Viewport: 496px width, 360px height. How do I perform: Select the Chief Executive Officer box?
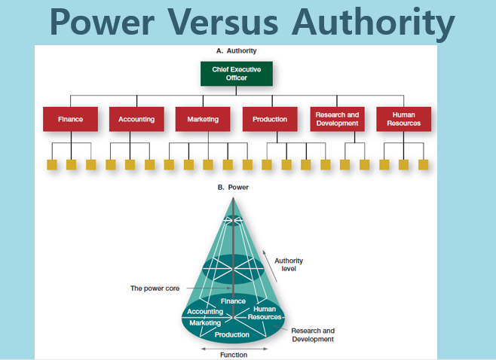(x=236, y=73)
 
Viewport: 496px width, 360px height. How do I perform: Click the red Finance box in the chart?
(x=70, y=119)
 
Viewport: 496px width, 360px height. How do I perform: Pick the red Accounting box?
(x=136, y=119)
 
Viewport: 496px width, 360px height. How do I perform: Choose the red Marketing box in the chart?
(x=203, y=119)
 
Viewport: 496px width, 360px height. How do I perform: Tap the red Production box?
(x=270, y=119)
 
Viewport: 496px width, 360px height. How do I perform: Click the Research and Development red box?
(x=337, y=119)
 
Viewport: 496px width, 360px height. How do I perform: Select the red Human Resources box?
(x=403, y=119)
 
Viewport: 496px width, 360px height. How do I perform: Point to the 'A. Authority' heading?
(x=236, y=51)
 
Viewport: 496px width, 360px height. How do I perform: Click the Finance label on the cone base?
(x=233, y=301)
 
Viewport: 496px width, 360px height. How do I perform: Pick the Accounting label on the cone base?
(x=205, y=312)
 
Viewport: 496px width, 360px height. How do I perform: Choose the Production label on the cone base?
(x=232, y=334)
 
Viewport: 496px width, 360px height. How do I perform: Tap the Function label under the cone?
(x=233, y=355)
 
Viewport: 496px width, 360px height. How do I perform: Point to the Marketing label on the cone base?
(x=205, y=322)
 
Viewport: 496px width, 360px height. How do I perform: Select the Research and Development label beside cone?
(x=313, y=335)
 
